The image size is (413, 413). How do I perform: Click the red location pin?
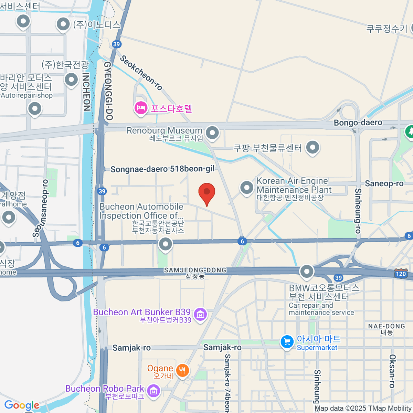207,193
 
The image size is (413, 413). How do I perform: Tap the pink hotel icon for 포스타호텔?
140,108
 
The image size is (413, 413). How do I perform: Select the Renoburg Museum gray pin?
212,133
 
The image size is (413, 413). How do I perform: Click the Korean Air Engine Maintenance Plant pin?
246,188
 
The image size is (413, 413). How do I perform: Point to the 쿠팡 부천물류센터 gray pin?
313,148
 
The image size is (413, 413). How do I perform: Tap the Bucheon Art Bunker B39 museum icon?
200,314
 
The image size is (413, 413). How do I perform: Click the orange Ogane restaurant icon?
182,370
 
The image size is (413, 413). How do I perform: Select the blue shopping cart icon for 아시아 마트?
287,342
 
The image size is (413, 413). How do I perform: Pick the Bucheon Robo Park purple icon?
153,391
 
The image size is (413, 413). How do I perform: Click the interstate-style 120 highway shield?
401,273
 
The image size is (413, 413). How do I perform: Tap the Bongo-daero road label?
358,123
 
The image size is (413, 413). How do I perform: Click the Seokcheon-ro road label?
141,73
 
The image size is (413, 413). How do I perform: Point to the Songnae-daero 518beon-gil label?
162,169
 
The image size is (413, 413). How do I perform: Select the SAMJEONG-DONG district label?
195,271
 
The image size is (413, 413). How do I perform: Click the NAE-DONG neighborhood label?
386,326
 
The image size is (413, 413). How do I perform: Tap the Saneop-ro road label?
384,184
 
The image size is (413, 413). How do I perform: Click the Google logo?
22,405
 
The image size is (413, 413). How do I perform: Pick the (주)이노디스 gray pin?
63,24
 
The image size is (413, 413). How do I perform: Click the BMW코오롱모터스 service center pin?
306,272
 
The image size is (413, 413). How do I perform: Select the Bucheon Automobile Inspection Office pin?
165,244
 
